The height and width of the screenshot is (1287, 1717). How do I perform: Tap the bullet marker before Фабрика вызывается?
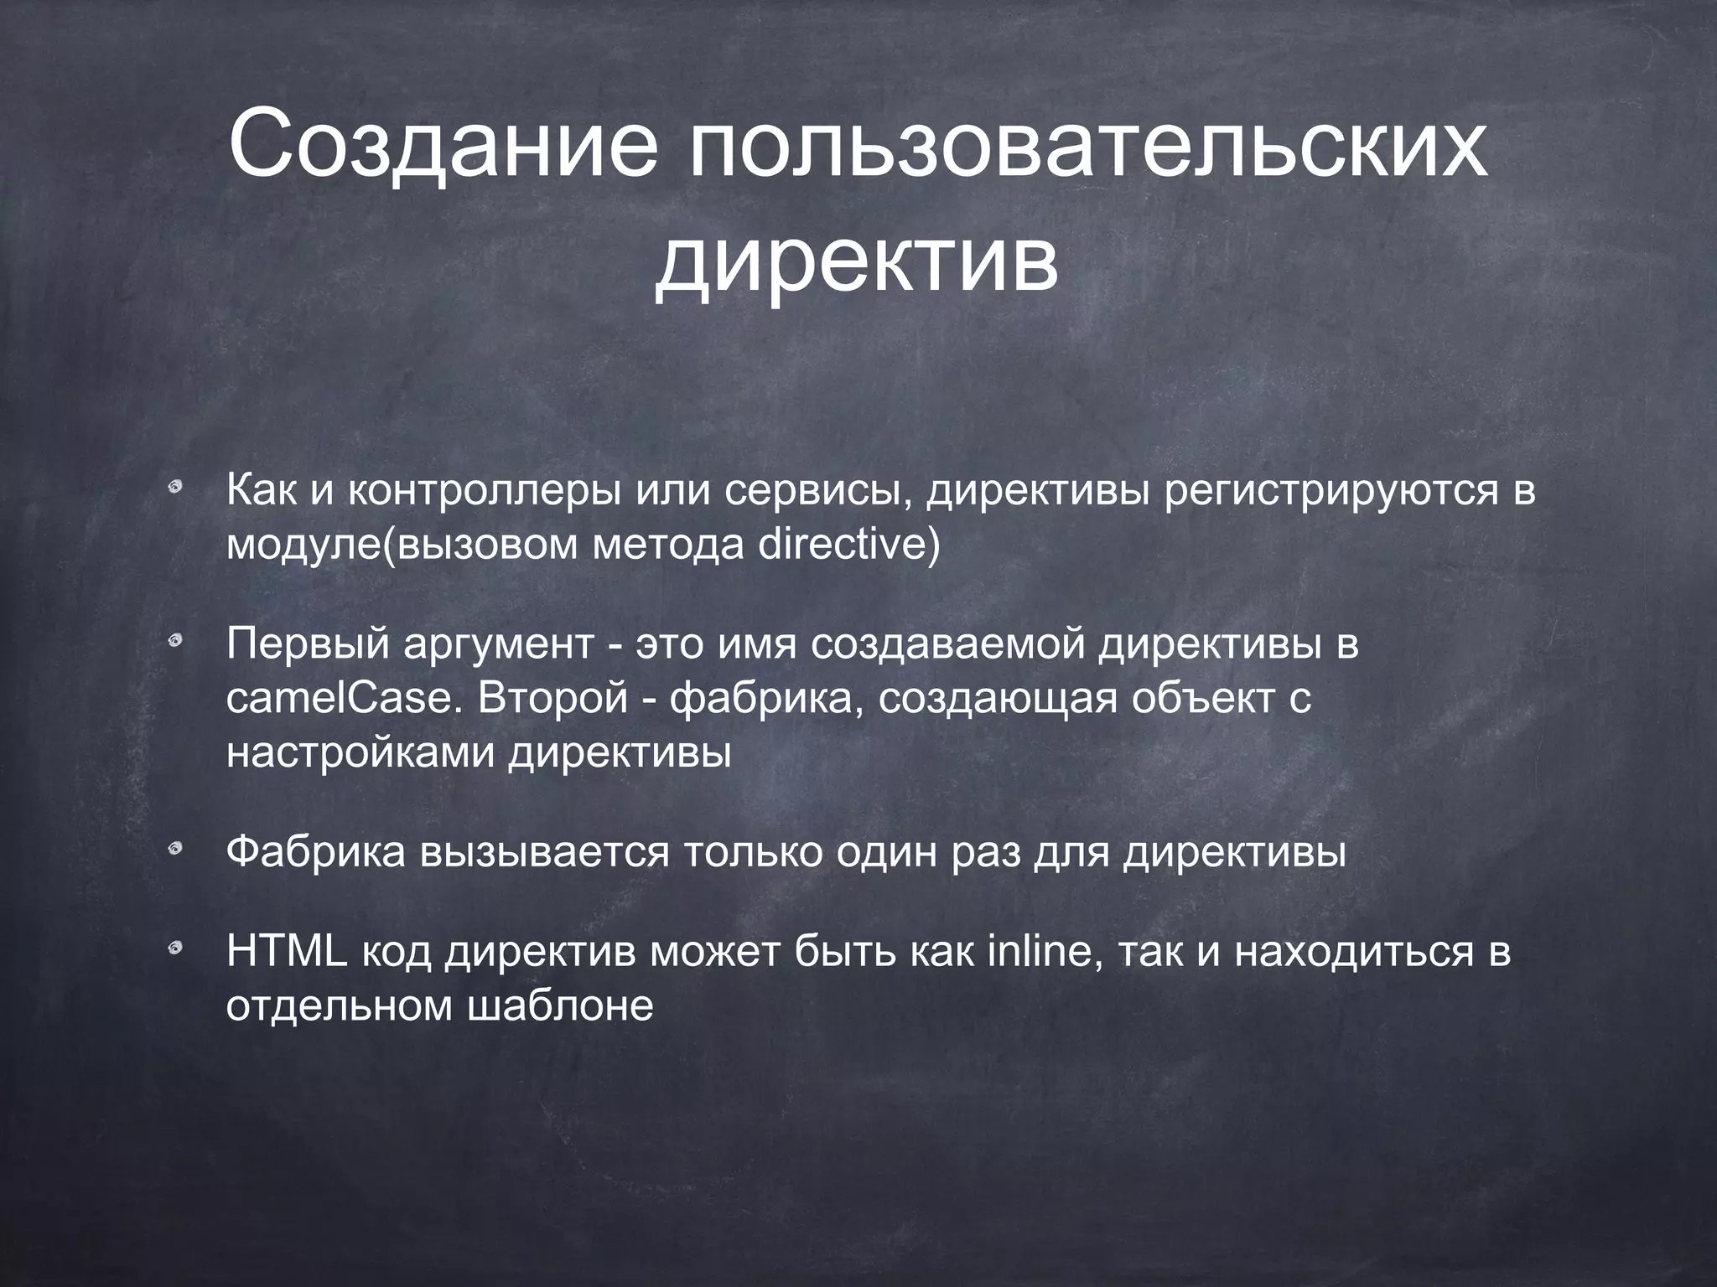175,851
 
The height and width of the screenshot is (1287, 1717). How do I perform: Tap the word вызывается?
545,853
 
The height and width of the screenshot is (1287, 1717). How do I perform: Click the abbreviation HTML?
287,952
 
